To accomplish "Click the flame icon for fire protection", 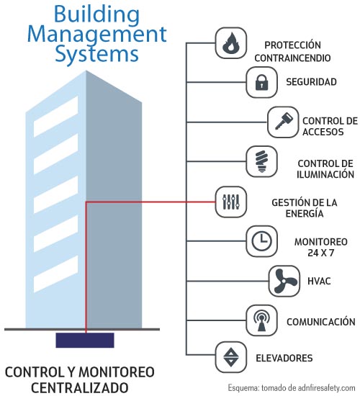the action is coord(230,43).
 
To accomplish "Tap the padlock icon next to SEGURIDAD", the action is coord(261,82).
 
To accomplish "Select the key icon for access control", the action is coord(283,122).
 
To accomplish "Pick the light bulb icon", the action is coord(261,161).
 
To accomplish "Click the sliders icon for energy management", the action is coord(230,202).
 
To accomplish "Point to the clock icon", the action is coord(261,241).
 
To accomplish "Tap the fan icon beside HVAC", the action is coord(284,281).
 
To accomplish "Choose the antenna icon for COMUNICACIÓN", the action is coord(261,320).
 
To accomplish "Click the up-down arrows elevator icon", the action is coord(230,357).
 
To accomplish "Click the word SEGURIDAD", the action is coord(311,82).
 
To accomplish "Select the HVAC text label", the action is coord(319,281).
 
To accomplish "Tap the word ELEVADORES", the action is coord(284,358).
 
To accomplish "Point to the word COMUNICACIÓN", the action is coord(321,321).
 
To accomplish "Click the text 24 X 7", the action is coord(321,253).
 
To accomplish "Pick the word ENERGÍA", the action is coord(305,213).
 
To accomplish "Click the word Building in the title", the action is coord(96,15).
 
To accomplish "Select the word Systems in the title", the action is coord(96,55).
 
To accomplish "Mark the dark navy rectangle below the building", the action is coord(85,340).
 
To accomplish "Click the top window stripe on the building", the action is coord(56,117).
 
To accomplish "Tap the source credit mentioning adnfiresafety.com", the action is coord(292,387).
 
